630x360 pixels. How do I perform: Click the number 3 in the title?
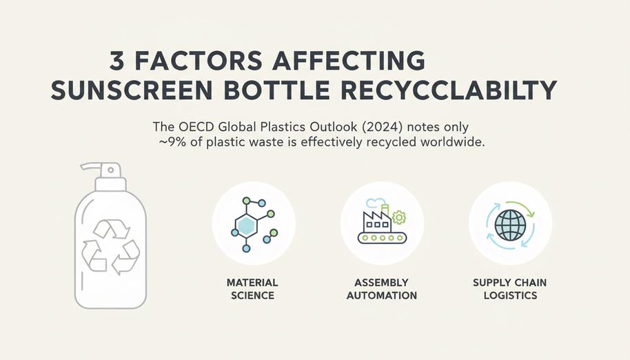pos(117,61)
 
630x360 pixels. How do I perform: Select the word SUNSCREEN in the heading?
pos(132,91)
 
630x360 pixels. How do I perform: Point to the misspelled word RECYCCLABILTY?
pos(449,91)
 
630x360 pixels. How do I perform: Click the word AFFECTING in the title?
pos(349,61)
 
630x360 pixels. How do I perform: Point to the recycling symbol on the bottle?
pos(111,247)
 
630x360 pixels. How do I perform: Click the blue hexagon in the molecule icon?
pos(246,226)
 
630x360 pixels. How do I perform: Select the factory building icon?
pos(376,219)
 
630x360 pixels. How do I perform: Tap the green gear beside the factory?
pos(399,217)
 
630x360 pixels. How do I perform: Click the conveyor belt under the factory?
pos(382,238)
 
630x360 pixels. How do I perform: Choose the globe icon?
pos(510,225)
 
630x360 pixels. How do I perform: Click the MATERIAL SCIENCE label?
pos(252,289)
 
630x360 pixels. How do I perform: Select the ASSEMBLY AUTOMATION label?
pos(382,289)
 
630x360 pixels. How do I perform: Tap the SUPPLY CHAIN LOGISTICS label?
pos(510,289)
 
